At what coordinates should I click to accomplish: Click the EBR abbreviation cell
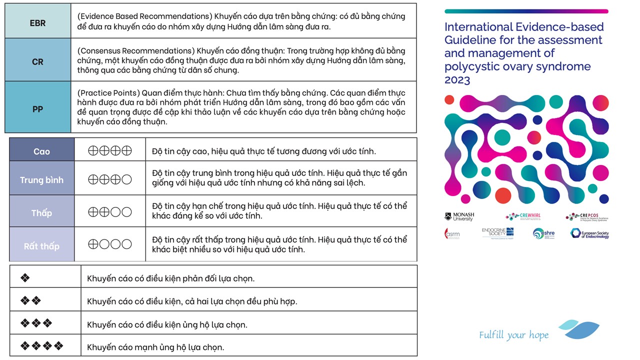[38, 23]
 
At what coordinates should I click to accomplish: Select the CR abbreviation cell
[38, 62]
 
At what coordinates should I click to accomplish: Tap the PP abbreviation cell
[38, 108]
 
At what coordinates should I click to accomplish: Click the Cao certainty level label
[42, 151]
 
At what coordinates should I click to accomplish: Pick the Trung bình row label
[42, 180]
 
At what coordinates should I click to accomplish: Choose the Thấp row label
[42, 213]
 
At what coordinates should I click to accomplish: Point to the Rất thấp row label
[42, 246]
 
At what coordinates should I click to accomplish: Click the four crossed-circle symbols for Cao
[109, 150]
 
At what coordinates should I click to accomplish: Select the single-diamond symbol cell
[25, 278]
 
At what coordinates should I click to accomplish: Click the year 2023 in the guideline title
[457, 80]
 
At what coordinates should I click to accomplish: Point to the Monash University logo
[459, 216]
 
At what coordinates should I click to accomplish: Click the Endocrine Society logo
[497, 232]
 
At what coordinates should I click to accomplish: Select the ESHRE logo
[543, 233]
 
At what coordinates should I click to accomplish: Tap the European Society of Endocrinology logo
[589, 233]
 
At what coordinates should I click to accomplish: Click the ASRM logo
[452, 233]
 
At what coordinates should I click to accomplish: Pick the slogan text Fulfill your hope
[513, 335]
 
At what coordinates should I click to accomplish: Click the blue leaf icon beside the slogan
[580, 329]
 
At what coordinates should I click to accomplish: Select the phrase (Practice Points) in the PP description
[108, 93]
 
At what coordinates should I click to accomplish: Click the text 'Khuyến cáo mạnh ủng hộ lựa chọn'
[155, 347]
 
